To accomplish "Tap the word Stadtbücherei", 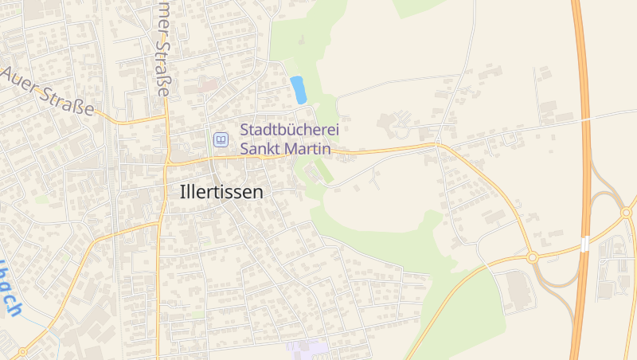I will (x=286, y=129).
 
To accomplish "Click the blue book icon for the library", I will (x=220, y=139).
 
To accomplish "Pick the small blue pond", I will (x=299, y=89).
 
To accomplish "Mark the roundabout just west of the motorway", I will (x=531, y=257).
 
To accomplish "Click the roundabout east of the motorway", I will (x=627, y=213).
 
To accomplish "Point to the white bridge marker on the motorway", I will (x=585, y=243).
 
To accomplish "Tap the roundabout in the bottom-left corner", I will (x=21, y=350).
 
